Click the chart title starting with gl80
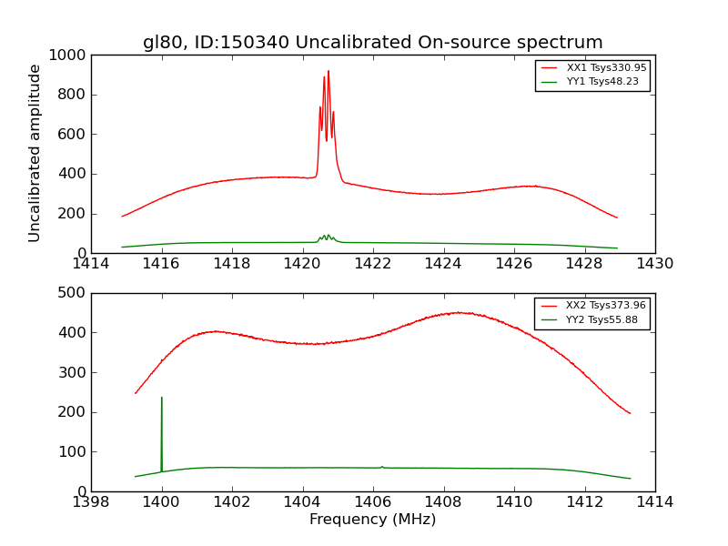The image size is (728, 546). [x=372, y=42]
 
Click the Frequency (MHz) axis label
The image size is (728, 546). [x=372, y=520]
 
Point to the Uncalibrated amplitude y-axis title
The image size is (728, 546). [x=35, y=153]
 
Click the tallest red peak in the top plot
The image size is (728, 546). [x=329, y=72]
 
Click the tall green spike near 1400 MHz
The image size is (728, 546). [x=162, y=399]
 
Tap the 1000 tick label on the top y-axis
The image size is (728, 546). [x=69, y=56]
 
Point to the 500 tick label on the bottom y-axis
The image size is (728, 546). [x=73, y=293]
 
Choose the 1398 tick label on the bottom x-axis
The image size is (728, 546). [x=91, y=501]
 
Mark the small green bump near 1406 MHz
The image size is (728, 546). [x=382, y=467]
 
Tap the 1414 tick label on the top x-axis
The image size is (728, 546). [x=91, y=264]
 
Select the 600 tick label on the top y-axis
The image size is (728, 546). [x=73, y=135]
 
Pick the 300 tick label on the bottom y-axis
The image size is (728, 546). [x=73, y=372]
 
